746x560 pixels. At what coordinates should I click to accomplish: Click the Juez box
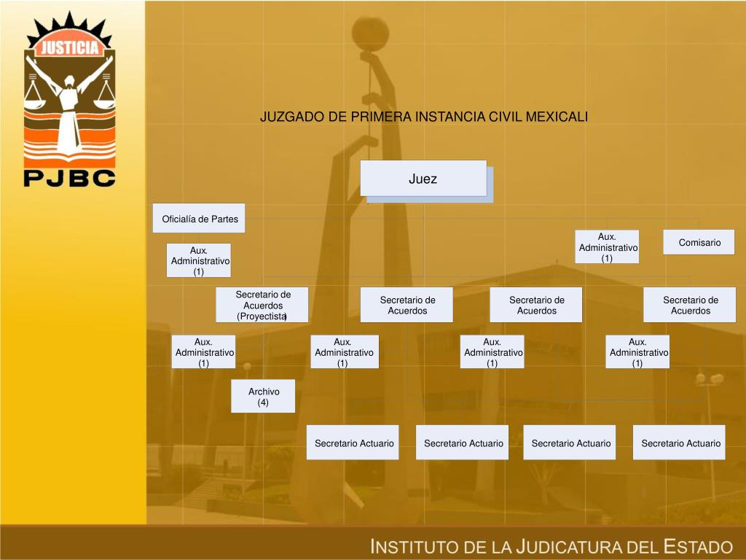423,179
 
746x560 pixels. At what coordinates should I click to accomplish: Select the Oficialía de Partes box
199,219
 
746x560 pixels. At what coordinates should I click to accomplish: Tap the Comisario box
699,242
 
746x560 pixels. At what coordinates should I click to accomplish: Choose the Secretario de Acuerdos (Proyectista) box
262,305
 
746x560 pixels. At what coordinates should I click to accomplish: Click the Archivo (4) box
263,397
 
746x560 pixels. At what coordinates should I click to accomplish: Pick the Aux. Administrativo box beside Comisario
608,247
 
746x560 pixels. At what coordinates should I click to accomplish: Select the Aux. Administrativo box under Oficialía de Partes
199,260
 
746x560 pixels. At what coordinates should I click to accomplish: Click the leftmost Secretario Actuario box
353,443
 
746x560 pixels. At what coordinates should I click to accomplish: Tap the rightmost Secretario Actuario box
680,443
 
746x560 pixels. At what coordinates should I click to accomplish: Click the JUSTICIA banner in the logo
69,49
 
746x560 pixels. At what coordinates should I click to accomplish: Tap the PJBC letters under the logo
69,177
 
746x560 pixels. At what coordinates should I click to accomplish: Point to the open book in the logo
69,157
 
